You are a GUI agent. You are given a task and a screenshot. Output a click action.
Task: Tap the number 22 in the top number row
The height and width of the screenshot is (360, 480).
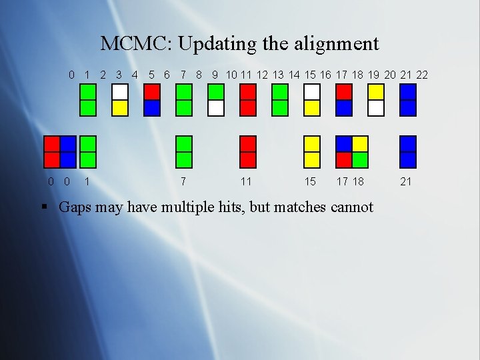[x=421, y=75]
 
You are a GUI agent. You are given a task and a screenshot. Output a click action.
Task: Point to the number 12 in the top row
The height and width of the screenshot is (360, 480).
[x=263, y=75]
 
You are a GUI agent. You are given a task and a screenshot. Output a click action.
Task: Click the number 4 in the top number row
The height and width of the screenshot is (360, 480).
[x=135, y=75]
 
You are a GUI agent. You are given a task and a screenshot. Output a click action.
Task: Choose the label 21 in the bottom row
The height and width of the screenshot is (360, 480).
[x=405, y=181]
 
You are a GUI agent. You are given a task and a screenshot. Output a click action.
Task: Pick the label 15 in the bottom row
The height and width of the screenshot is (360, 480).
[x=310, y=181]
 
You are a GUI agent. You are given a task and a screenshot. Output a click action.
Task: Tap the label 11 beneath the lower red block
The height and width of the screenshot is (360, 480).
[x=246, y=181]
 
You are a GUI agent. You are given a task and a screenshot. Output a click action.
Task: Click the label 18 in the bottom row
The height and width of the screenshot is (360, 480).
[x=359, y=181]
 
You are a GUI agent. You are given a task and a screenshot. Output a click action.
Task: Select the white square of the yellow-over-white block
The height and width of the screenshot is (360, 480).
[x=376, y=108]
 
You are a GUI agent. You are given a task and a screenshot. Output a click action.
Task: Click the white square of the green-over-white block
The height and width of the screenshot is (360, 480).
[x=215, y=108]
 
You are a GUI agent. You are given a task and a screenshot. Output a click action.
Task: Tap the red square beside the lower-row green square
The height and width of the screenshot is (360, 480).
[x=344, y=159]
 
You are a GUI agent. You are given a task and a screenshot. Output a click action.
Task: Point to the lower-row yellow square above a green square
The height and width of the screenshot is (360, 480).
[x=360, y=144]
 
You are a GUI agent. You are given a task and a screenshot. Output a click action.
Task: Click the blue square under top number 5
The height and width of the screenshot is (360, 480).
[x=152, y=108]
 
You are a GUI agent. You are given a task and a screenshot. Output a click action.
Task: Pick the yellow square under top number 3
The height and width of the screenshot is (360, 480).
[x=120, y=108]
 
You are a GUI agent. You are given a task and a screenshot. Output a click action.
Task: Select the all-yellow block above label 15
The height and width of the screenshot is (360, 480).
[x=311, y=151]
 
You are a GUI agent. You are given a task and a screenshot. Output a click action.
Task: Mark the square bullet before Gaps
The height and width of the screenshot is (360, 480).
[x=45, y=207]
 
